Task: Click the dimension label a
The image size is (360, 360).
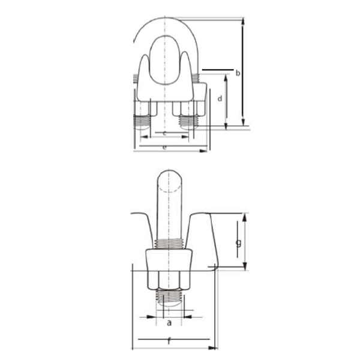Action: (169, 323)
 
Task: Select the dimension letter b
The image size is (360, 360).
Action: (238, 73)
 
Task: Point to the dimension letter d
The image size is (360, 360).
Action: (220, 97)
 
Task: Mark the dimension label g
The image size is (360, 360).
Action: (238, 243)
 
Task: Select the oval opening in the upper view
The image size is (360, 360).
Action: (164, 60)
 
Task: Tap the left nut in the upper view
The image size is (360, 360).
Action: (143, 108)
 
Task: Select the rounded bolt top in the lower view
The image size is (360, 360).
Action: (170, 180)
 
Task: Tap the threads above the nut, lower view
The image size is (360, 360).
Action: (170, 244)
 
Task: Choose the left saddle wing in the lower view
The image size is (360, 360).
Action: (144, 231)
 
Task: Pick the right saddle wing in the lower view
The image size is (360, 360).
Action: (203, 237)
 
